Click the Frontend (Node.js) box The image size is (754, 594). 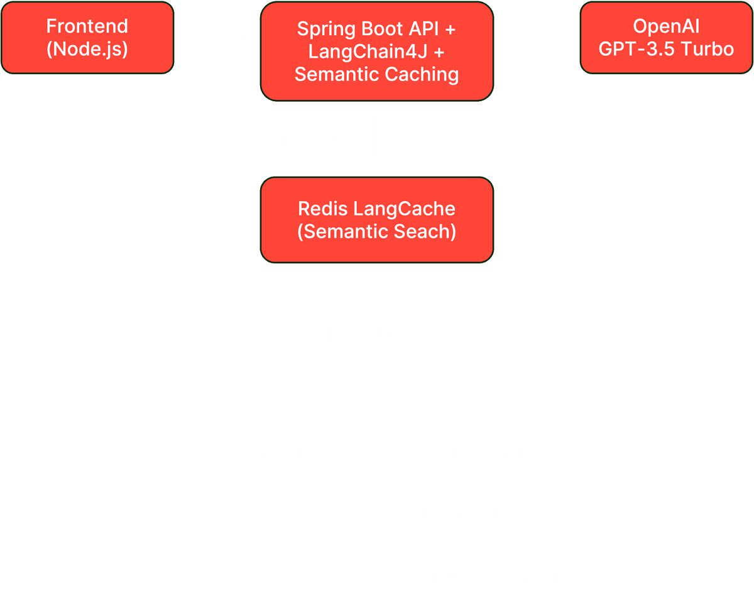tap(87, 38)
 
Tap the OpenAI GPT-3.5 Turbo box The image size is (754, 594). tap(666, 38)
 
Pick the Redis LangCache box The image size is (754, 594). tap(376, 220)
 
